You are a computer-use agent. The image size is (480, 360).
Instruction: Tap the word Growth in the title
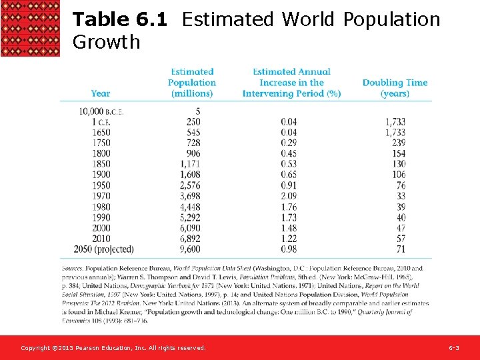pos(106,42)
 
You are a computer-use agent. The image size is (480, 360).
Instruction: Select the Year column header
pos(101,93)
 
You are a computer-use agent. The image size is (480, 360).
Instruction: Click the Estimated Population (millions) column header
pos(192,83)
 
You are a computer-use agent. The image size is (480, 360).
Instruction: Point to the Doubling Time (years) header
pos(395,87)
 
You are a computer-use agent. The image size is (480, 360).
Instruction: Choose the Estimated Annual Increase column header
pos(291,83)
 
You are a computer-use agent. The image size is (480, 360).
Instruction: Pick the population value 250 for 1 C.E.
pos(193,121)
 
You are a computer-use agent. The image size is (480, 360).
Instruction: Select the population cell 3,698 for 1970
pos(190,196)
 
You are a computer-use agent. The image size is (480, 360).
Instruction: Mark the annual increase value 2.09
pos(289,196)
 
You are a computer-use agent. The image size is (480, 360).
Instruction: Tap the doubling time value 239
pos(398,143)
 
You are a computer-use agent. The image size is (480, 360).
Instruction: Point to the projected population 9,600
pos(190,249)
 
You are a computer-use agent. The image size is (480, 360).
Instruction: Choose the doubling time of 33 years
pos(401,196)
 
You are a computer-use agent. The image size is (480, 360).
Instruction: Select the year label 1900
pos(101,175)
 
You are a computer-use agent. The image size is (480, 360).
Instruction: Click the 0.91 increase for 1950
pos(289,185)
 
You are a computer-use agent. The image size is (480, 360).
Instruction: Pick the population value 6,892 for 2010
pos(190,239)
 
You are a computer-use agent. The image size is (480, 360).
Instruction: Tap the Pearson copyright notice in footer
pos(113,348)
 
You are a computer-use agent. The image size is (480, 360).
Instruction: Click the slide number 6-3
pos(453,348)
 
